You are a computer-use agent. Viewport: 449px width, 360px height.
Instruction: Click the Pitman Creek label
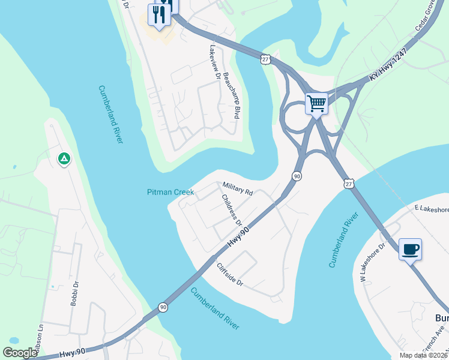click(170, 192)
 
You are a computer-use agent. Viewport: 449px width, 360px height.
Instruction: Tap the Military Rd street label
click(238, 189)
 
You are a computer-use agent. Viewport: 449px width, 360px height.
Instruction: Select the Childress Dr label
click(231, 210)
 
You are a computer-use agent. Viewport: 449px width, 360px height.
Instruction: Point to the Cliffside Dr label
click(230, 274)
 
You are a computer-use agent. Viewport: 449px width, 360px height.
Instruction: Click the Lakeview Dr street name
click(214, 62)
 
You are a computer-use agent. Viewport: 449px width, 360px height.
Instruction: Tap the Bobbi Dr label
click(75, 293)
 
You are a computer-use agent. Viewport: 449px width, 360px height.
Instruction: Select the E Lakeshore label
click(431, 209)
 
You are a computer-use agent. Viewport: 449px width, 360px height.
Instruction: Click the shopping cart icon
click(316, 103)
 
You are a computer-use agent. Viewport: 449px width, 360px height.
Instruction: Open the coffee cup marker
click(410, 249)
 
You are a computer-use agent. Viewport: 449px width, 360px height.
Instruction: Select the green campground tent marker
click(64, 159)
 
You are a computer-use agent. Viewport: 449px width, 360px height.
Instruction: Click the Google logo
click(20, 353)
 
